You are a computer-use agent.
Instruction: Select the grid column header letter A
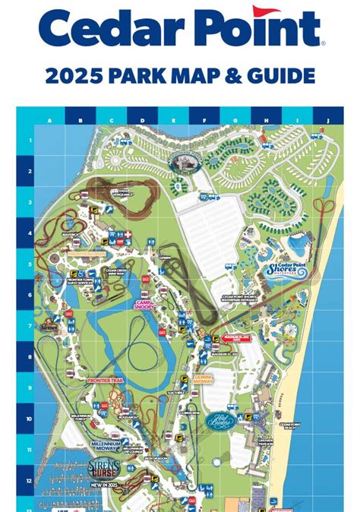click(x=49, y=120)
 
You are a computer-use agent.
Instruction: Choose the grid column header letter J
click(x=328, y=120)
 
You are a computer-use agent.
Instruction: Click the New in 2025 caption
click(x=103, y=483)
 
